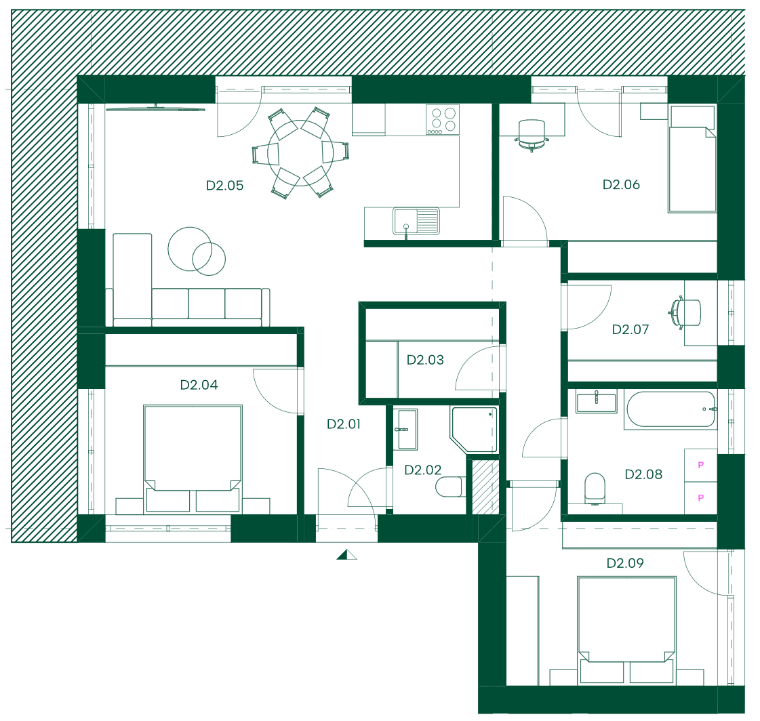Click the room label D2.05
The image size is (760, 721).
coord(224,186)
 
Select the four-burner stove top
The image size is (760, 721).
coord(443,120)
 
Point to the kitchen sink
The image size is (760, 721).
coord(416,222)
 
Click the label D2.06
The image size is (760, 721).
coord(621,184)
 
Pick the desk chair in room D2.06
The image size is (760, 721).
coord(532,136)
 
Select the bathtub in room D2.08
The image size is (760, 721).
coord(671,409)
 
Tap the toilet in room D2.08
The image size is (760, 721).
coord(595,489)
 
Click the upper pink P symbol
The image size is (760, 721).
coord(700,465)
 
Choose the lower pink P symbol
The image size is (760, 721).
coord(700,497)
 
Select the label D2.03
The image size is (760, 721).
coord(425,360)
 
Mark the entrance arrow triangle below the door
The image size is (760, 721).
coord(346,554)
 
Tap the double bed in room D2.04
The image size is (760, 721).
coord(193,458)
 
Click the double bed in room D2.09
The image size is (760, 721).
coord(626,630)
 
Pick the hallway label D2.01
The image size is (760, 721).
coord(344,424)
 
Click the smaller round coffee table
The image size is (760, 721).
coord(209,259)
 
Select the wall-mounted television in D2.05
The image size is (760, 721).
coord(155,108)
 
